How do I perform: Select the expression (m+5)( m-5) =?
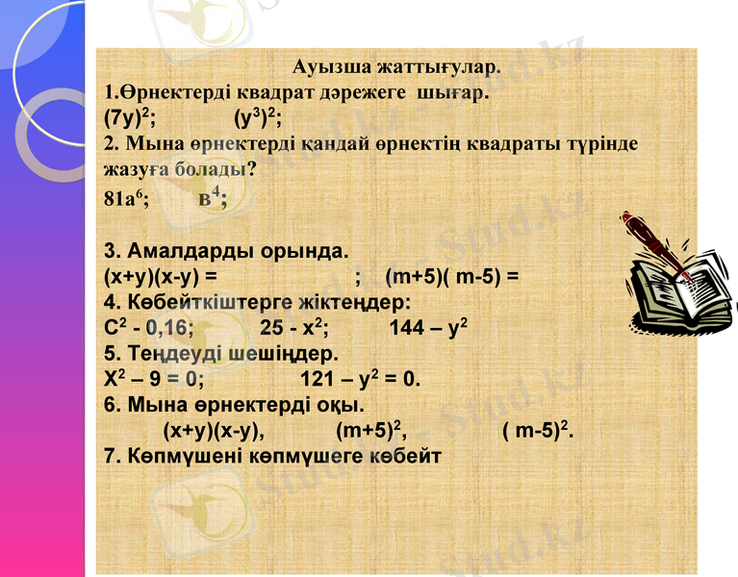[x=451, y=277]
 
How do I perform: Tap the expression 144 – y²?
[x=428, y=327]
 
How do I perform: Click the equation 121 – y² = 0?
[x=360, y=377]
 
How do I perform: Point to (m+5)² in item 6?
[x=369, y=427]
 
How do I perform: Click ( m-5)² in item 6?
[x=539, y=427]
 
